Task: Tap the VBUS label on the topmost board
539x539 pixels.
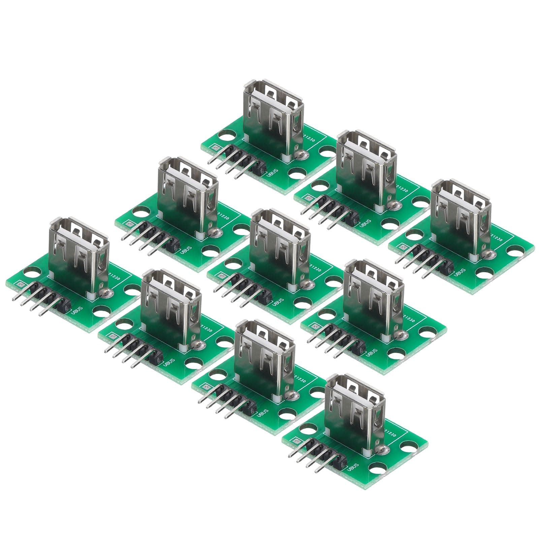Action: pyautogui.click(x=273, y=176)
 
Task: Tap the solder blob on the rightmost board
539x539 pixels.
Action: pyautogui.click(x=485, y=254)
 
